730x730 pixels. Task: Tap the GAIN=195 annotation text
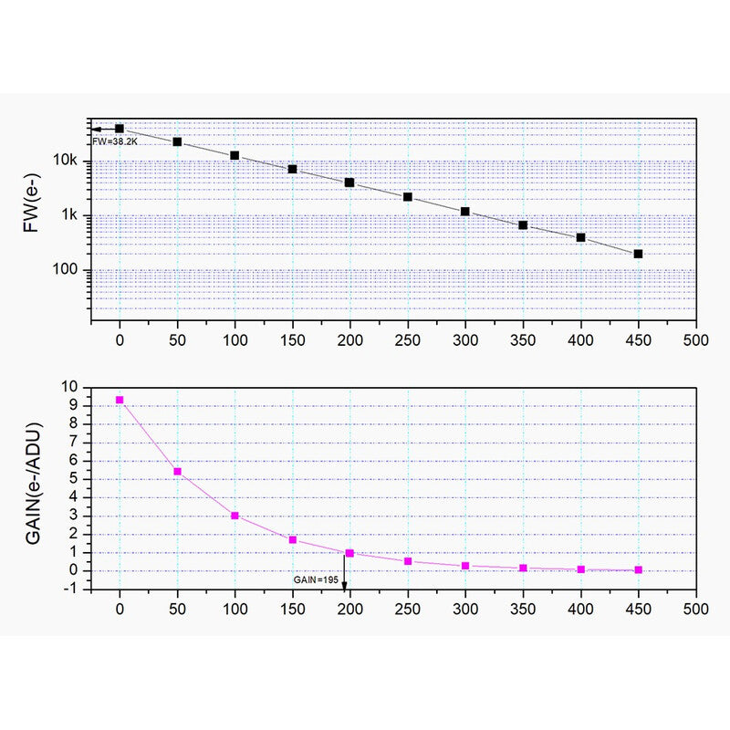coord(316,580)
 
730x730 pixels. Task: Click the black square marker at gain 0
coord(120,129)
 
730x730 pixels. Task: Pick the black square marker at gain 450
coord(638,254)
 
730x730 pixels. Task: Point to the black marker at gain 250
coord(408,197)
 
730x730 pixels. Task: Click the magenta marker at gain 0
coord(120,401)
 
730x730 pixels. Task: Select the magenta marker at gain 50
coord(177,472)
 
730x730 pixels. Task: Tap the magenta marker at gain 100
coord(235,516)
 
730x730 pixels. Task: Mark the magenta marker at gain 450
coord(638,569)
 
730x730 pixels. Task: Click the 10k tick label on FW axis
coord(70,162)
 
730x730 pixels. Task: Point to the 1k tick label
coord(73,215)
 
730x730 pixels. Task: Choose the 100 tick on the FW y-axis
coord(69,270)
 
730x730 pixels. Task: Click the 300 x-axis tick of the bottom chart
coord(465,607)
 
